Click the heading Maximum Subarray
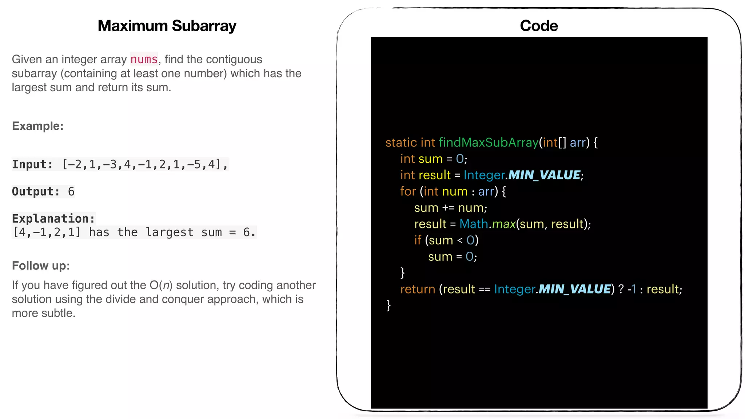(167, 26)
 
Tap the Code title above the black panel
(539, 26)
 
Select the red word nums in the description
(144, 59)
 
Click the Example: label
(38, 126)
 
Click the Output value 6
(71, 191)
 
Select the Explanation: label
(53, 218)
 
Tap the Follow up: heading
(41, 266)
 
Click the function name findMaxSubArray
(489, 142)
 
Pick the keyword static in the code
(401, 142)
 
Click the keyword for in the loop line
(408, 191)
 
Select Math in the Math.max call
(474, 224)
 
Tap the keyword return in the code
(418, 289)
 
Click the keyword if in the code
(418, 240)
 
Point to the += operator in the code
(448, 208)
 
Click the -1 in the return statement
(632, 289)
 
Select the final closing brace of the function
(389, 305)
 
